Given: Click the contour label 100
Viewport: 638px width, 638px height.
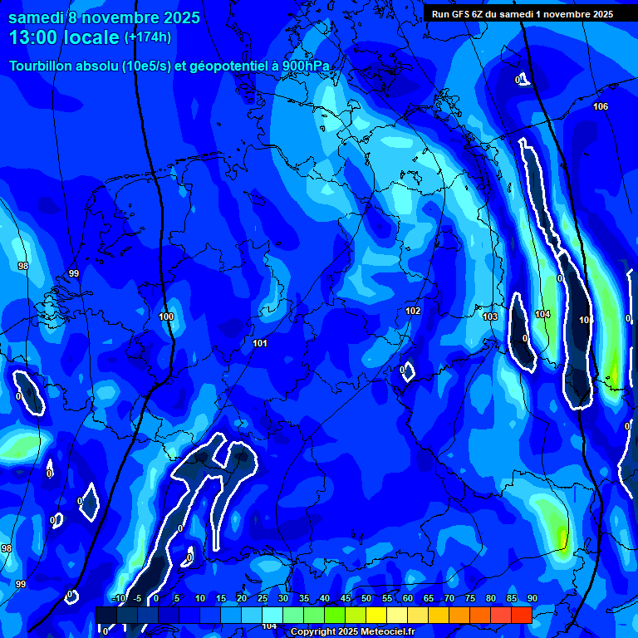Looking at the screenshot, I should pos(166,317).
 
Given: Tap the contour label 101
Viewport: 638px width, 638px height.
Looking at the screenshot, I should pos(260,343).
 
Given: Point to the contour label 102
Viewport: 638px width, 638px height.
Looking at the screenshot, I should pos(413,311).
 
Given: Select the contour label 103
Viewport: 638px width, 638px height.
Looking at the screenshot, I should pos(490,317).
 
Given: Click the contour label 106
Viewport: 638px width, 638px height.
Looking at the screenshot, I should pos(601,106).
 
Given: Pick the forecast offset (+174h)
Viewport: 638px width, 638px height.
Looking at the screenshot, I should pos(149,38).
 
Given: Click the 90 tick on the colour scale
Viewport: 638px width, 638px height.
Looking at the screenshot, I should pos(532,599).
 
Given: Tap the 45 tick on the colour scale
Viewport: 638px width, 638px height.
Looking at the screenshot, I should pos(345,599).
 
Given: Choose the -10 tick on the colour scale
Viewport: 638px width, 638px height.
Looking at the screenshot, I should pos(117,599).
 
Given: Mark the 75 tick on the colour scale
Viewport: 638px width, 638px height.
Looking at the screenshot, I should pos(469,599).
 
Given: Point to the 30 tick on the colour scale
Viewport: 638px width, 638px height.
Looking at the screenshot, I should pos(282,599).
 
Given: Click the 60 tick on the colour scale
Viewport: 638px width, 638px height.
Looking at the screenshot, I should pos(407,599).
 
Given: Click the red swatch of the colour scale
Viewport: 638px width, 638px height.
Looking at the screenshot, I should pos(521,615).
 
